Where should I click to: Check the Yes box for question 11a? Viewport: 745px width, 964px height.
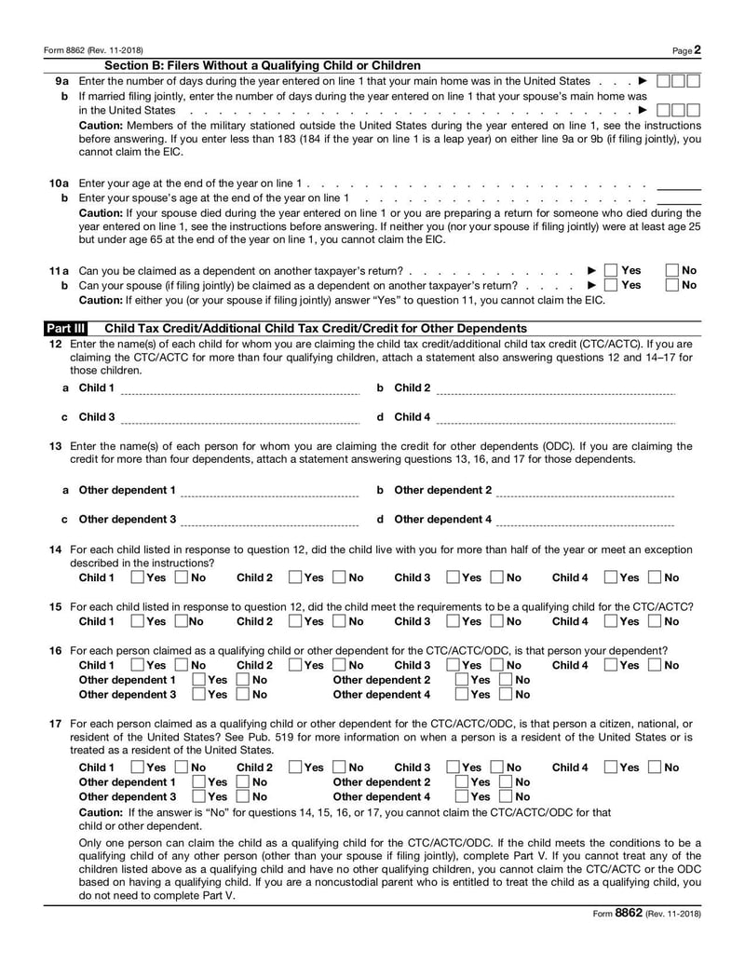click(x=611, y=270)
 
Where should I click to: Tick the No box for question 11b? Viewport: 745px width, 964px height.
click(x=673, y=285)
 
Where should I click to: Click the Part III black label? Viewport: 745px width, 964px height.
click(x=66, y=329)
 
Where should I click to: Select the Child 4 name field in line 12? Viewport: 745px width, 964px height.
click(x=555, y=418)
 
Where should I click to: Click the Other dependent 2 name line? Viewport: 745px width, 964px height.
click(x=586, y=492)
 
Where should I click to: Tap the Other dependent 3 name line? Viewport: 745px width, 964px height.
click(x=270, y=521)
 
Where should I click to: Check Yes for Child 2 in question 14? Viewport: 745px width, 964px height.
click(x=296, y=577)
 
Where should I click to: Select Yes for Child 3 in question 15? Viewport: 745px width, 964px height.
click(x=454, y=621)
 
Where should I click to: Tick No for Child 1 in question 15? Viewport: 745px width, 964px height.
click(x=183, y=621)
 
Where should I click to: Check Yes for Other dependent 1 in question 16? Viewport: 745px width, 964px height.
click(x=198, y=680)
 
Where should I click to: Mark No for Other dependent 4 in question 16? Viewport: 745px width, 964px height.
click(x=507, y=694)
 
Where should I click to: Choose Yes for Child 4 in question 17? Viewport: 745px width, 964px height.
click(x=612, y=767)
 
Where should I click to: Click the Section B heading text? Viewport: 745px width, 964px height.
click(x=263, y=65)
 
